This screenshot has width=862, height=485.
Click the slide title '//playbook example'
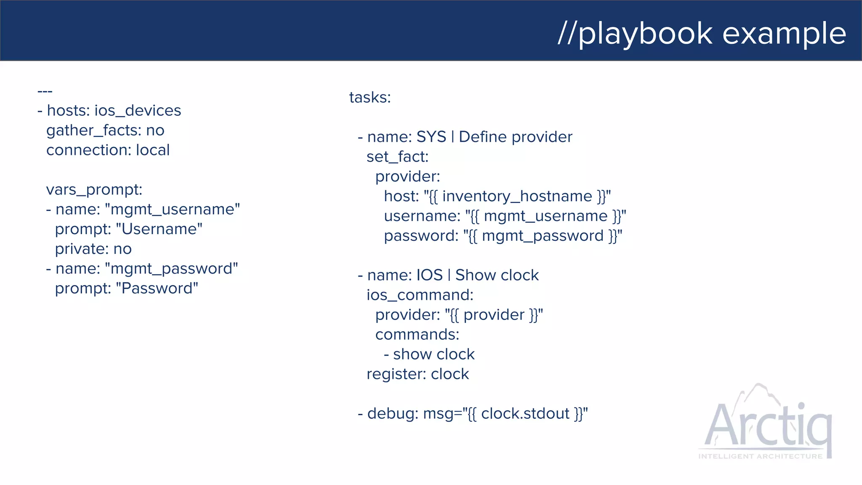702,34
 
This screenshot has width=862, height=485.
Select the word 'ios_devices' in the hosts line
138,111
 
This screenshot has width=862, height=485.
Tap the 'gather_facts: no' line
105,131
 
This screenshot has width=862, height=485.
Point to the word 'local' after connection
153,150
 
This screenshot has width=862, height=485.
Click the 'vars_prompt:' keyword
94,190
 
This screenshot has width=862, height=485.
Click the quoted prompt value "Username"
159,229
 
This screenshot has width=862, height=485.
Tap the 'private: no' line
93,249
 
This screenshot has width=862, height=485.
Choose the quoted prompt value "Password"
157,289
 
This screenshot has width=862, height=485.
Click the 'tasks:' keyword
370,98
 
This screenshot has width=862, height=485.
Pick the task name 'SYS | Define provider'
494,137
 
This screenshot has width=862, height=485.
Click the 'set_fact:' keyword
397,157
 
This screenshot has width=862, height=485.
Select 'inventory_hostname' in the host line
517,197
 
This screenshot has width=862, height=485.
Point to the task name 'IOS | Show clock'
477,275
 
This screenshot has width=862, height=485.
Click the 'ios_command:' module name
420,295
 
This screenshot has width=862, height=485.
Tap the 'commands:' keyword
417,335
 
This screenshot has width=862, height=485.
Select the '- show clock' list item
429,354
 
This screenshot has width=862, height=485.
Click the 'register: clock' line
418,374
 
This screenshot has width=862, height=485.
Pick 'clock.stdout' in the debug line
525,414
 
